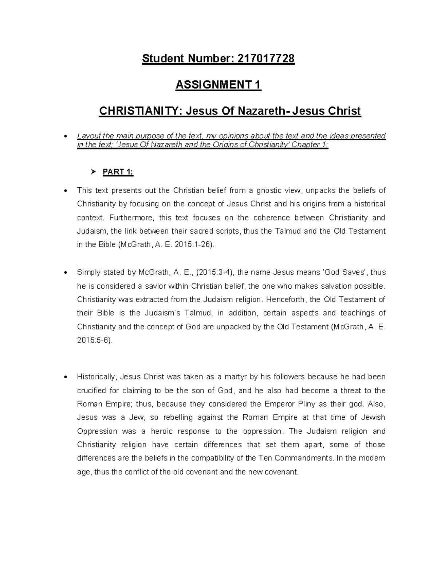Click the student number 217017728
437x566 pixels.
tap(265, 59)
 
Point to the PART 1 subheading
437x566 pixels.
tap(118, 172)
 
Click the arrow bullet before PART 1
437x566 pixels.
tap(93, 172)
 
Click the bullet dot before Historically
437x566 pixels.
tap(65, 377)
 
